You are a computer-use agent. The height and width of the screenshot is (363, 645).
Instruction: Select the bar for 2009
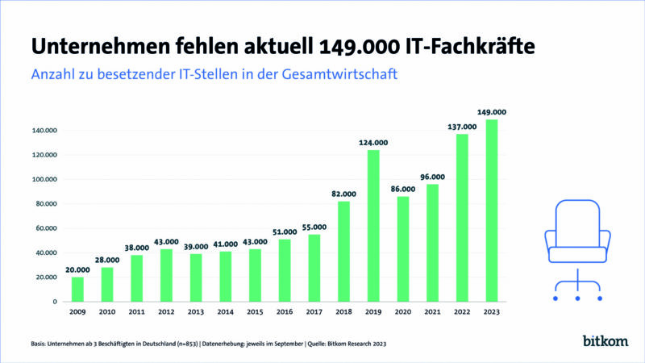[x=77, y=289]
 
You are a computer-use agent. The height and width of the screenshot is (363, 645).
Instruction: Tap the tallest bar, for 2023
[x=492, y=211]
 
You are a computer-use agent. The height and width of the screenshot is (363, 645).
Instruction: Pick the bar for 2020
[x=403, y=249]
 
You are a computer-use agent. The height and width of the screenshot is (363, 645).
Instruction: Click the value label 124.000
[x=373, y=143]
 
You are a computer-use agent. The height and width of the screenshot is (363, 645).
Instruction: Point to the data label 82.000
[x=343, y=194]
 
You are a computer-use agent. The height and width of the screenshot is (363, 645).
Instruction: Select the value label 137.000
[x=462, y=127]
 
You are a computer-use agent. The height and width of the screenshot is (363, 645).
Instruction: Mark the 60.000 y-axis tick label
[x=44, y=228]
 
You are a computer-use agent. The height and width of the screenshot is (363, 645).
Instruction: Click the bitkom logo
[x=604, y=341]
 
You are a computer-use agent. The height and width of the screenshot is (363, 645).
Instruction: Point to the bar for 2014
[x=226, y=276]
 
